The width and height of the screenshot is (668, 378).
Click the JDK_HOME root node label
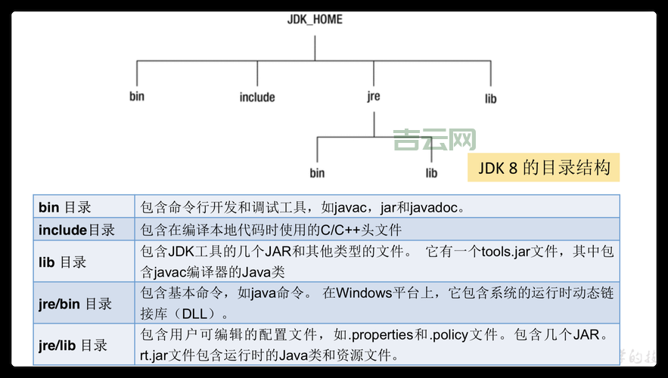click(x=315, y=19)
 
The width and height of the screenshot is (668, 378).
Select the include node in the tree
click(x=257, y=98)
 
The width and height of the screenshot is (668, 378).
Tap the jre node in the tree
click(x=373, y=97)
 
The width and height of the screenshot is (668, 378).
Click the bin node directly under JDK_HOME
click(x=136, y=96)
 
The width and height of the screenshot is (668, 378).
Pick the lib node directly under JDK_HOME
click(x=491, y=98)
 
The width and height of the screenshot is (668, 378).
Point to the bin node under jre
click(x=317, y=173)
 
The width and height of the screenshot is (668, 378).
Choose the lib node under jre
click(x=431, y=173)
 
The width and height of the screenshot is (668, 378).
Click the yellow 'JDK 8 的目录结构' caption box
click(x=544, y=167)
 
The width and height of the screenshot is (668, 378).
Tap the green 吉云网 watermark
click(x=434, y=140)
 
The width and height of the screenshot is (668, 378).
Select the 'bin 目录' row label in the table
click(x=65, y=207)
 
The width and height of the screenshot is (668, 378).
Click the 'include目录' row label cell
click(x=77, y=230)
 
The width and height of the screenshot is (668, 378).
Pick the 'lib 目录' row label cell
click(x=63, y=262)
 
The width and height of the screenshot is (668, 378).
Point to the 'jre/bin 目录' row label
click(x=76, y=304)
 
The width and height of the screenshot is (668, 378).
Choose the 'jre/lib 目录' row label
click(x=73, y=345)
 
